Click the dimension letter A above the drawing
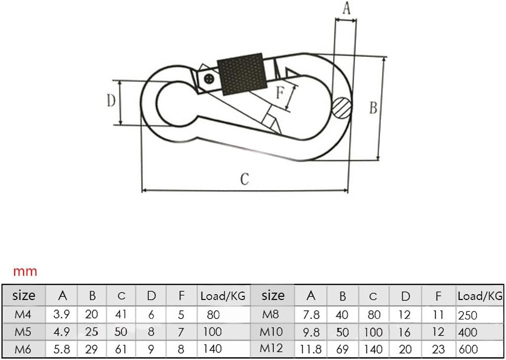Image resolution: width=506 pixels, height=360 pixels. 346,8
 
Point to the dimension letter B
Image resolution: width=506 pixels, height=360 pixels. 373,108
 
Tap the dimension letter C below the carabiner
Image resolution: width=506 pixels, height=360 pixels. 245,179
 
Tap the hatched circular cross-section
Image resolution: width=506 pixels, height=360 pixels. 342,108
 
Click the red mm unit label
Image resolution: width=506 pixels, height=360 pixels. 25,272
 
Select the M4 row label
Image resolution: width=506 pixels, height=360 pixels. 24,315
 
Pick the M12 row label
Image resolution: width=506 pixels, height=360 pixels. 272,348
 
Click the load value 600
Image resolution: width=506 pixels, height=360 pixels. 468,348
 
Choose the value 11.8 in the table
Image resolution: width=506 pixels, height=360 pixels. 310,348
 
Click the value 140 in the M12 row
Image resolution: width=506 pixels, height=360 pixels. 373,348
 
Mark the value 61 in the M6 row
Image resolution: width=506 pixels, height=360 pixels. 122,348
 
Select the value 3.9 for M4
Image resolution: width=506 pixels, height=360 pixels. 62,315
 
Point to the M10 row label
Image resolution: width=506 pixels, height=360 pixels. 272,332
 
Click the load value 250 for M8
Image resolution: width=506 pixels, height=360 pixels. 468,315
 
